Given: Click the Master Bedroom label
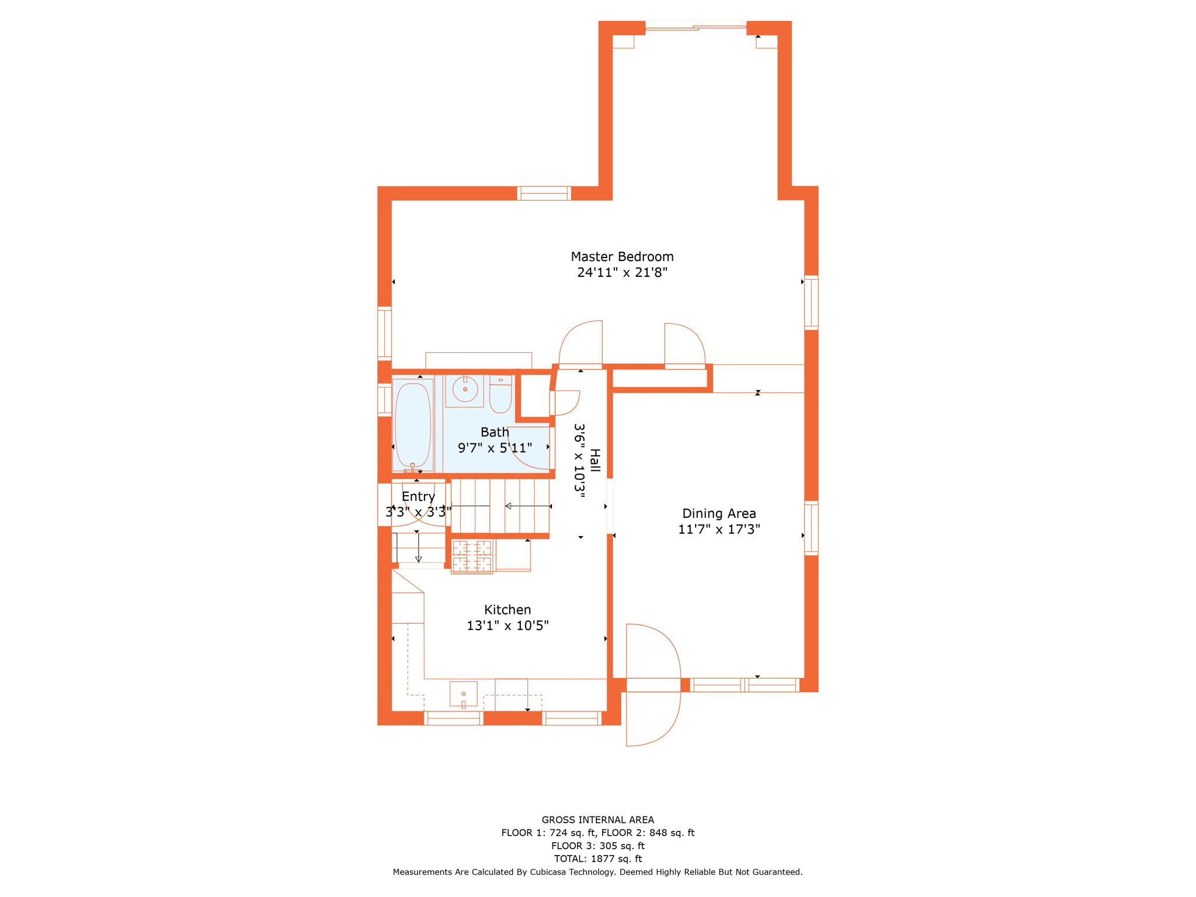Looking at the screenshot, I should [622, 256].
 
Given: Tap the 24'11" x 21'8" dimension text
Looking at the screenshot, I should [622, 272].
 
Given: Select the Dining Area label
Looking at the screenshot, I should [719, 513].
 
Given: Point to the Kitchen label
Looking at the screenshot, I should [507, 610].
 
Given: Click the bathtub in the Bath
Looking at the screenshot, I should [413, 425].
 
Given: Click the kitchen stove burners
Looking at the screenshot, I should [472, 556].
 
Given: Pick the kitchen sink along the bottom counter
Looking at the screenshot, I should [464, 694].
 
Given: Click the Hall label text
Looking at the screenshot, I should [595, 461].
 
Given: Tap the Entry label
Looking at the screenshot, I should [418, 496].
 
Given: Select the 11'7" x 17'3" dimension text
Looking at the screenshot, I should [719, 529].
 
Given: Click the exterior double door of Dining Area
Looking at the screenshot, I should [653, 685].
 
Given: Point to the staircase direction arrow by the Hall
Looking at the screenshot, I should [527, 506].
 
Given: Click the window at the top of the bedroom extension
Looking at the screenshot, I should [696, 26].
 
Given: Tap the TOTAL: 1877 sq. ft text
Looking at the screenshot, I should [597, 858].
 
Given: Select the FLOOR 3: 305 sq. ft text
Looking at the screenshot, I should [597, 846].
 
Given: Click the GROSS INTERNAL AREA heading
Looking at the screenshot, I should [597, 820].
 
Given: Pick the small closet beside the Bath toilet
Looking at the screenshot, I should [534, 396].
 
